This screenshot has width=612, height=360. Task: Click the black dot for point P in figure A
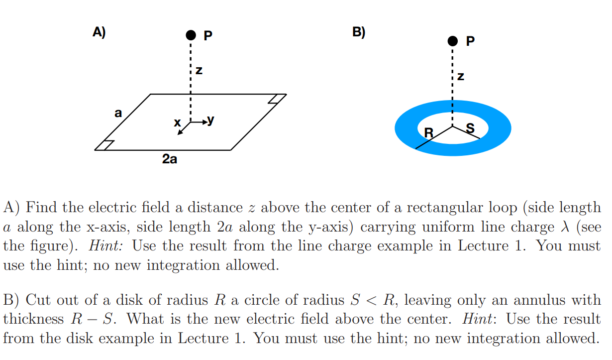[191, 35]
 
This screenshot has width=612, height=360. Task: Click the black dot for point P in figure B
[452, 40]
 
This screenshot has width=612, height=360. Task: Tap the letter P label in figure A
[208, 35]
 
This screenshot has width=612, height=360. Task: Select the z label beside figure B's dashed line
[461, 77]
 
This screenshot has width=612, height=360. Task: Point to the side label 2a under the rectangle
[170, 159]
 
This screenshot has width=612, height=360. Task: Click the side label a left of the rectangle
[117, 113]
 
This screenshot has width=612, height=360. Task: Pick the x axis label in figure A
[177, 122]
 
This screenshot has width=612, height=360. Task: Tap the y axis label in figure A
[211, 120]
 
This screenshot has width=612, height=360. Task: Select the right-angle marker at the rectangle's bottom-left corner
[105, 145]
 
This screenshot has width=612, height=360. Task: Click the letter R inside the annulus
[428, 133]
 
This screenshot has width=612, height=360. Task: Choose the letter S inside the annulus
[469, 128]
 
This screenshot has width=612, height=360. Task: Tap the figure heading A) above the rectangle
[99, 32]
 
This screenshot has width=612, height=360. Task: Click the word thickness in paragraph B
[33, 319]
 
